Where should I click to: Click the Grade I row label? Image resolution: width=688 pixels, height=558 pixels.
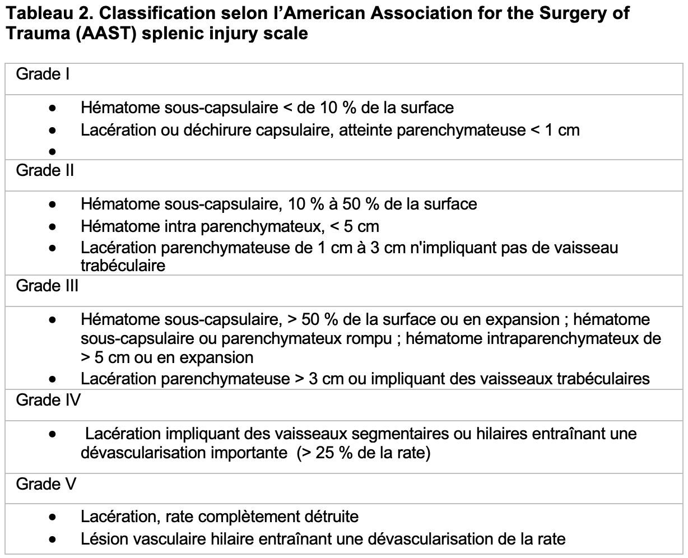click(x=43, y=74)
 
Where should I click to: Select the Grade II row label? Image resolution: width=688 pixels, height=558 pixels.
click(x=45, y=170)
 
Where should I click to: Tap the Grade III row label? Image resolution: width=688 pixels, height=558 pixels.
click(x=47, y=286)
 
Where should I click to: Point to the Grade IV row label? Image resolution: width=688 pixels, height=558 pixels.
click(x=48, y=400)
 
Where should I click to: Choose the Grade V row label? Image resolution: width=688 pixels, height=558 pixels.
click(x=46, y=484)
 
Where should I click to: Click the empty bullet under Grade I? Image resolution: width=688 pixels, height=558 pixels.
click(x=53, y=151)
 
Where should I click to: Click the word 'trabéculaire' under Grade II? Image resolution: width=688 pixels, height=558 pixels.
click(x=123, y=266)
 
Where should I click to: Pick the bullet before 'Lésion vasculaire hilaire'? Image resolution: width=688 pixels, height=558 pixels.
click(x=53, y=540)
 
